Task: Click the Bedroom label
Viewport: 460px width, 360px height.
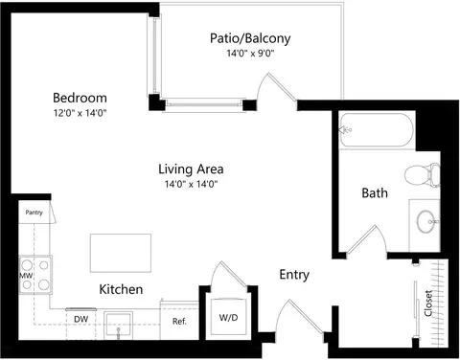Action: [80, 98]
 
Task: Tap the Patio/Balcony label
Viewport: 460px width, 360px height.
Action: [250, 38]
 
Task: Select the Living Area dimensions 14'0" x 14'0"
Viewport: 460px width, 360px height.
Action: [191, 184]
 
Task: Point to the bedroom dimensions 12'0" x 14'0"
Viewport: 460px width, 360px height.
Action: [80, 113]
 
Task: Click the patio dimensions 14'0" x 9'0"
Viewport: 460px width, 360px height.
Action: [251, 53]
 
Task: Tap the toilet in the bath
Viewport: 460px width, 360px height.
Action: [422, 174]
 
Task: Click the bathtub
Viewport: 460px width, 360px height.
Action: [377, 130]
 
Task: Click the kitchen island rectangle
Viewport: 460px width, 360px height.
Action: [121, 253]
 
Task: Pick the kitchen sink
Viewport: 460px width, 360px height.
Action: [118, 326]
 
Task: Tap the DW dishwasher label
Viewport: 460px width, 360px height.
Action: [80, 319]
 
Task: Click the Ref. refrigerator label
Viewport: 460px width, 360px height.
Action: [179, 322]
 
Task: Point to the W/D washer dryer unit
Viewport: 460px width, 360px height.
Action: [228, 316]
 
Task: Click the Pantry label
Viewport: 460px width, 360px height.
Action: [34, 213]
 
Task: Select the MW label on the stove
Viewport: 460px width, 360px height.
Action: [26, 276]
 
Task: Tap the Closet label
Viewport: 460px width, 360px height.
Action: [428, 304]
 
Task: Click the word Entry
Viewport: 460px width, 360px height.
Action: [294, 275]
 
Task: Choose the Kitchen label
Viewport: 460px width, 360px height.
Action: [121, 289]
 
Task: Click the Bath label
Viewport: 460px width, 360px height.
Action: [375, 193]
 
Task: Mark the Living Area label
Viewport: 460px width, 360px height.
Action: [191, 169]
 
